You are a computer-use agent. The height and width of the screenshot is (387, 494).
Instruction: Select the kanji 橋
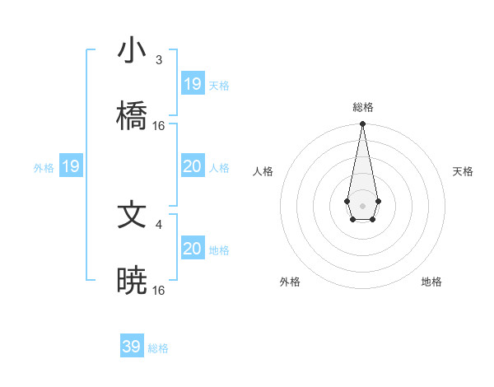point(132,116)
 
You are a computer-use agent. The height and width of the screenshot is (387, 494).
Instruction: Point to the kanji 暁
point(132,281)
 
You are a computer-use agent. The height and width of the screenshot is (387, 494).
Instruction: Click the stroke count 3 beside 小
point(158,59)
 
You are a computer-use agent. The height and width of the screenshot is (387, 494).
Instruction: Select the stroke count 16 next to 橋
point(159,126)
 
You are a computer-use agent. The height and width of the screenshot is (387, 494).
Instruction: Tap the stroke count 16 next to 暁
point(159,291)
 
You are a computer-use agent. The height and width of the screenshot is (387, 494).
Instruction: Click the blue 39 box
point(132,347)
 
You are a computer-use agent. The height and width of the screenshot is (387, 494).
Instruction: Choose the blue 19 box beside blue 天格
point(193,83)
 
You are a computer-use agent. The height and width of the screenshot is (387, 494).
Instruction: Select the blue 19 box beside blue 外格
point(71,167)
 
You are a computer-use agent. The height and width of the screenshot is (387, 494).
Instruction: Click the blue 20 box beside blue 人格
point(193,167)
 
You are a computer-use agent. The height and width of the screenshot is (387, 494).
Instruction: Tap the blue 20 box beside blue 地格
point(193,249)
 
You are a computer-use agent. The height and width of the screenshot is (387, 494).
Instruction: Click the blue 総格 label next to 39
point(158,348)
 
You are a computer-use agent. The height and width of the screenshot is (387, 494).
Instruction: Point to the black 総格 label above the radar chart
point(363,107)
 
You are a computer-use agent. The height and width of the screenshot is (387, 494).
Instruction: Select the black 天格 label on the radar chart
point(463,171)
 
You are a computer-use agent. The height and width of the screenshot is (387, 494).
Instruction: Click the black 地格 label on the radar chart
point(431,282)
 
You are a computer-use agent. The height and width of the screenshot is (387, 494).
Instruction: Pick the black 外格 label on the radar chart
point(290,282)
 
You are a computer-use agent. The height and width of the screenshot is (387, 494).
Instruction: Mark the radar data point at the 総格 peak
point(362,124)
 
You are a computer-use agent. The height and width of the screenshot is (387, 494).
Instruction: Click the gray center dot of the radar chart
point(362,205)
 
